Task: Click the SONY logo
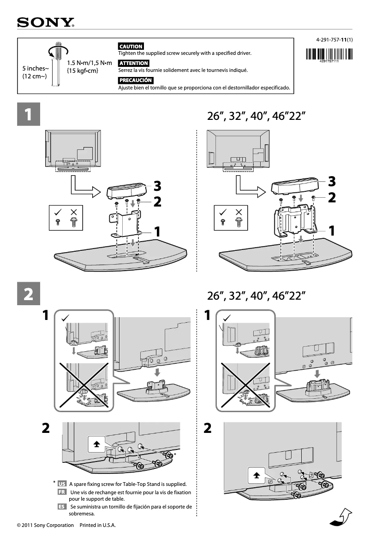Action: coord(46,23)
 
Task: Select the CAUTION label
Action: coord(131,46)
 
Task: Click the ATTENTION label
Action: coord(133,63)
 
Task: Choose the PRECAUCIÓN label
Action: coord(135,80)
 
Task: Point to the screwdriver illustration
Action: coord(57,65)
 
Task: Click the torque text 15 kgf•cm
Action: coord(83,71)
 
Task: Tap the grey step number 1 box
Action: coord(28,114)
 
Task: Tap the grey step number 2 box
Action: coord(28,294)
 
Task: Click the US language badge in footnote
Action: coord(62,484)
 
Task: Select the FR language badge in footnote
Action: coord(62,492)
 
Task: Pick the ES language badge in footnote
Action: coord(62,507)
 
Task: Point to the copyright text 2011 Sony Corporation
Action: coord(45,525)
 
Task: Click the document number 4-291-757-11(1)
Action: coord(334,40)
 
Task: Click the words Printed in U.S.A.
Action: coord(97,525)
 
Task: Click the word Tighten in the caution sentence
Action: coord(128,53)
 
